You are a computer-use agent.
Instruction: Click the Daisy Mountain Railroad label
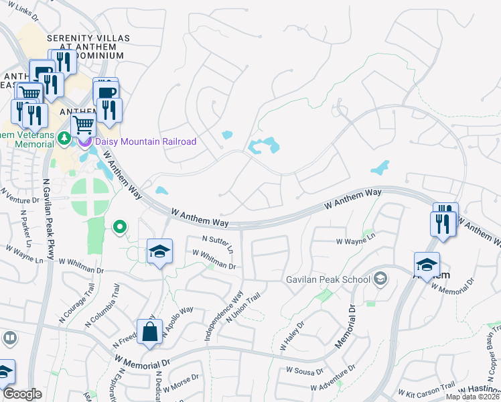click(x=145, y=141)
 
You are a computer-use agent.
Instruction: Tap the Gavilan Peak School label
click(x=328, y=279)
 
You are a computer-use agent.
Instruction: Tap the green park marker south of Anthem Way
click(x=120, y=228)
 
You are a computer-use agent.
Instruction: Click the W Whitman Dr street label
click(x=214, y=260)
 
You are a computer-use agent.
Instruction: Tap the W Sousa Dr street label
click(x=305, y=370)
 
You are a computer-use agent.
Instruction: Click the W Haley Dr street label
click(x=292, y=336)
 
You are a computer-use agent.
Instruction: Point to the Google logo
click(x=21, y=394)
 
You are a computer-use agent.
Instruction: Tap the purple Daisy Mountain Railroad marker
click(x=84, y=141)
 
